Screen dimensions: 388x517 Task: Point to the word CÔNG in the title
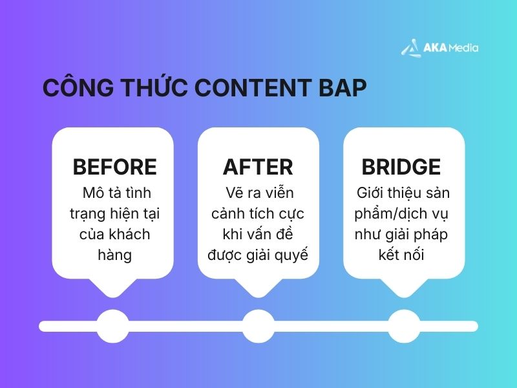[x=72, y=89]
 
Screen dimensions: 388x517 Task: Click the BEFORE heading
[x=114, y=167]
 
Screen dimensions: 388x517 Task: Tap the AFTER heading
[x=258, y=167]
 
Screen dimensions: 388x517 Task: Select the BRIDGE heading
[x=401, y=167]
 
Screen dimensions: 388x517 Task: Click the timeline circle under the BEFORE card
[x=112, y=325]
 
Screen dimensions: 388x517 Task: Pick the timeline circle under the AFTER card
[x=258, y=325]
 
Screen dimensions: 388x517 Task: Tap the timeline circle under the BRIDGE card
[x=403, y=325]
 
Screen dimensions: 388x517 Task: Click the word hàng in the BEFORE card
[x=114, y=255]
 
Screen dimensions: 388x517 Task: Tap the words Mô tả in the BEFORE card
[x=99, y=193]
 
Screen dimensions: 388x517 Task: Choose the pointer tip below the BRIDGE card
[x=403, y=294]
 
